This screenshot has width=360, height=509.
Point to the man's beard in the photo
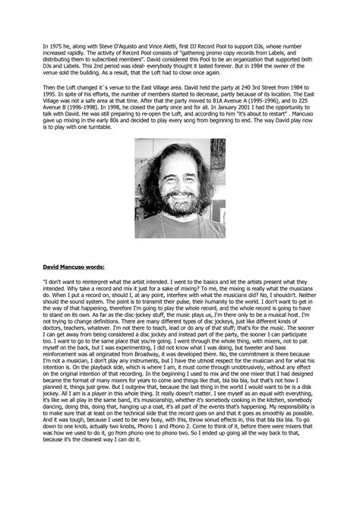point(179,217)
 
